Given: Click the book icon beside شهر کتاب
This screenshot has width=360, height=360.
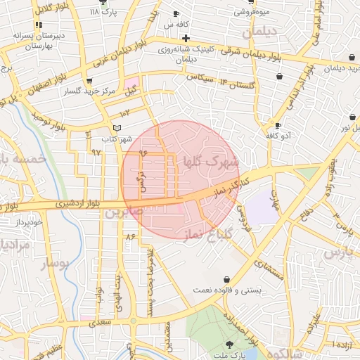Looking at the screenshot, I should coord(117,128).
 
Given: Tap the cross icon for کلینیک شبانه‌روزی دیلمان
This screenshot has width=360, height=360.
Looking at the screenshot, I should coord(186,38).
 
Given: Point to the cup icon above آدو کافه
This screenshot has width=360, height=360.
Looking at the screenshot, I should coord(278,124).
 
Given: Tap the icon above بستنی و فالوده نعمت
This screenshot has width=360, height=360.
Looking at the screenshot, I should coord(226,279).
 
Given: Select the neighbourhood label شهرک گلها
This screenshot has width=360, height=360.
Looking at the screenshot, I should coord(211,162).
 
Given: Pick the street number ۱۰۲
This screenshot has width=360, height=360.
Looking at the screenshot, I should coord(125,113).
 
